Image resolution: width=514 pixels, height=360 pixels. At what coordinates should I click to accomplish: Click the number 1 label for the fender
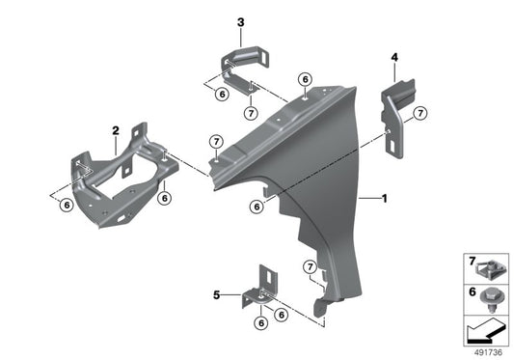pos(385,200)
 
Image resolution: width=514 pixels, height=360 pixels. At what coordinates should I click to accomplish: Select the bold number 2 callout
pos(115,129)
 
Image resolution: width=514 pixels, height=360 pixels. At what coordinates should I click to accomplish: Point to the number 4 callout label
pos(393,57)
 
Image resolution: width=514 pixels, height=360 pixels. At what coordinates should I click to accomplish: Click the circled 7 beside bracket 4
pos(420,115)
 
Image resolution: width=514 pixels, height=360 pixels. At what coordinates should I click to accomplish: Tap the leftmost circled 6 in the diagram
pos(66,204)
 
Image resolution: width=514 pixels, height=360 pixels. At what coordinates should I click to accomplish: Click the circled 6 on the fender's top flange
pos(305,79)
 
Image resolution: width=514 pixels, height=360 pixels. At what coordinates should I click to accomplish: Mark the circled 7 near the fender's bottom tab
pos(310,266)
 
